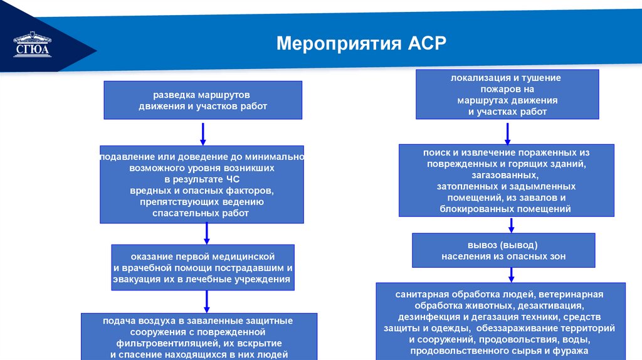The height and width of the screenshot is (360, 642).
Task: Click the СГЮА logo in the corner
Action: tap(32, 46)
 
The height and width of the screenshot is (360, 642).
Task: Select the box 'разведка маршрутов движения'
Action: tap(203, 100)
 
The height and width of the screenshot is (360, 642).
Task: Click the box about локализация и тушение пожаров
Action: tap(507, 95)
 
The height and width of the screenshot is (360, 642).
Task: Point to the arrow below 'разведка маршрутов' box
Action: tap(203, 134)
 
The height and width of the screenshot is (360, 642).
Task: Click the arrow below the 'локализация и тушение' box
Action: tap(507, 132)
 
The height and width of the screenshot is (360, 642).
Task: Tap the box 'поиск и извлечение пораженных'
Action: tap(506, 181)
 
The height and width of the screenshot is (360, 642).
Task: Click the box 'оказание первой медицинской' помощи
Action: tap(203, 267)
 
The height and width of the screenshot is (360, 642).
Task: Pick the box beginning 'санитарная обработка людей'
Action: tap(500, 321)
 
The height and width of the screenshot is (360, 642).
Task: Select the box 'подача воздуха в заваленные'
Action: tap(199, 336)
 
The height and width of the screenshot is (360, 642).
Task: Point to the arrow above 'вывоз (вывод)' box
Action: tap(512, 225)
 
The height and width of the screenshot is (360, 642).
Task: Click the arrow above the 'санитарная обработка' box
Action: tap(511, 275)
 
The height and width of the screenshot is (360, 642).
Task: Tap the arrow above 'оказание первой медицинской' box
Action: tap(207, 234)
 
